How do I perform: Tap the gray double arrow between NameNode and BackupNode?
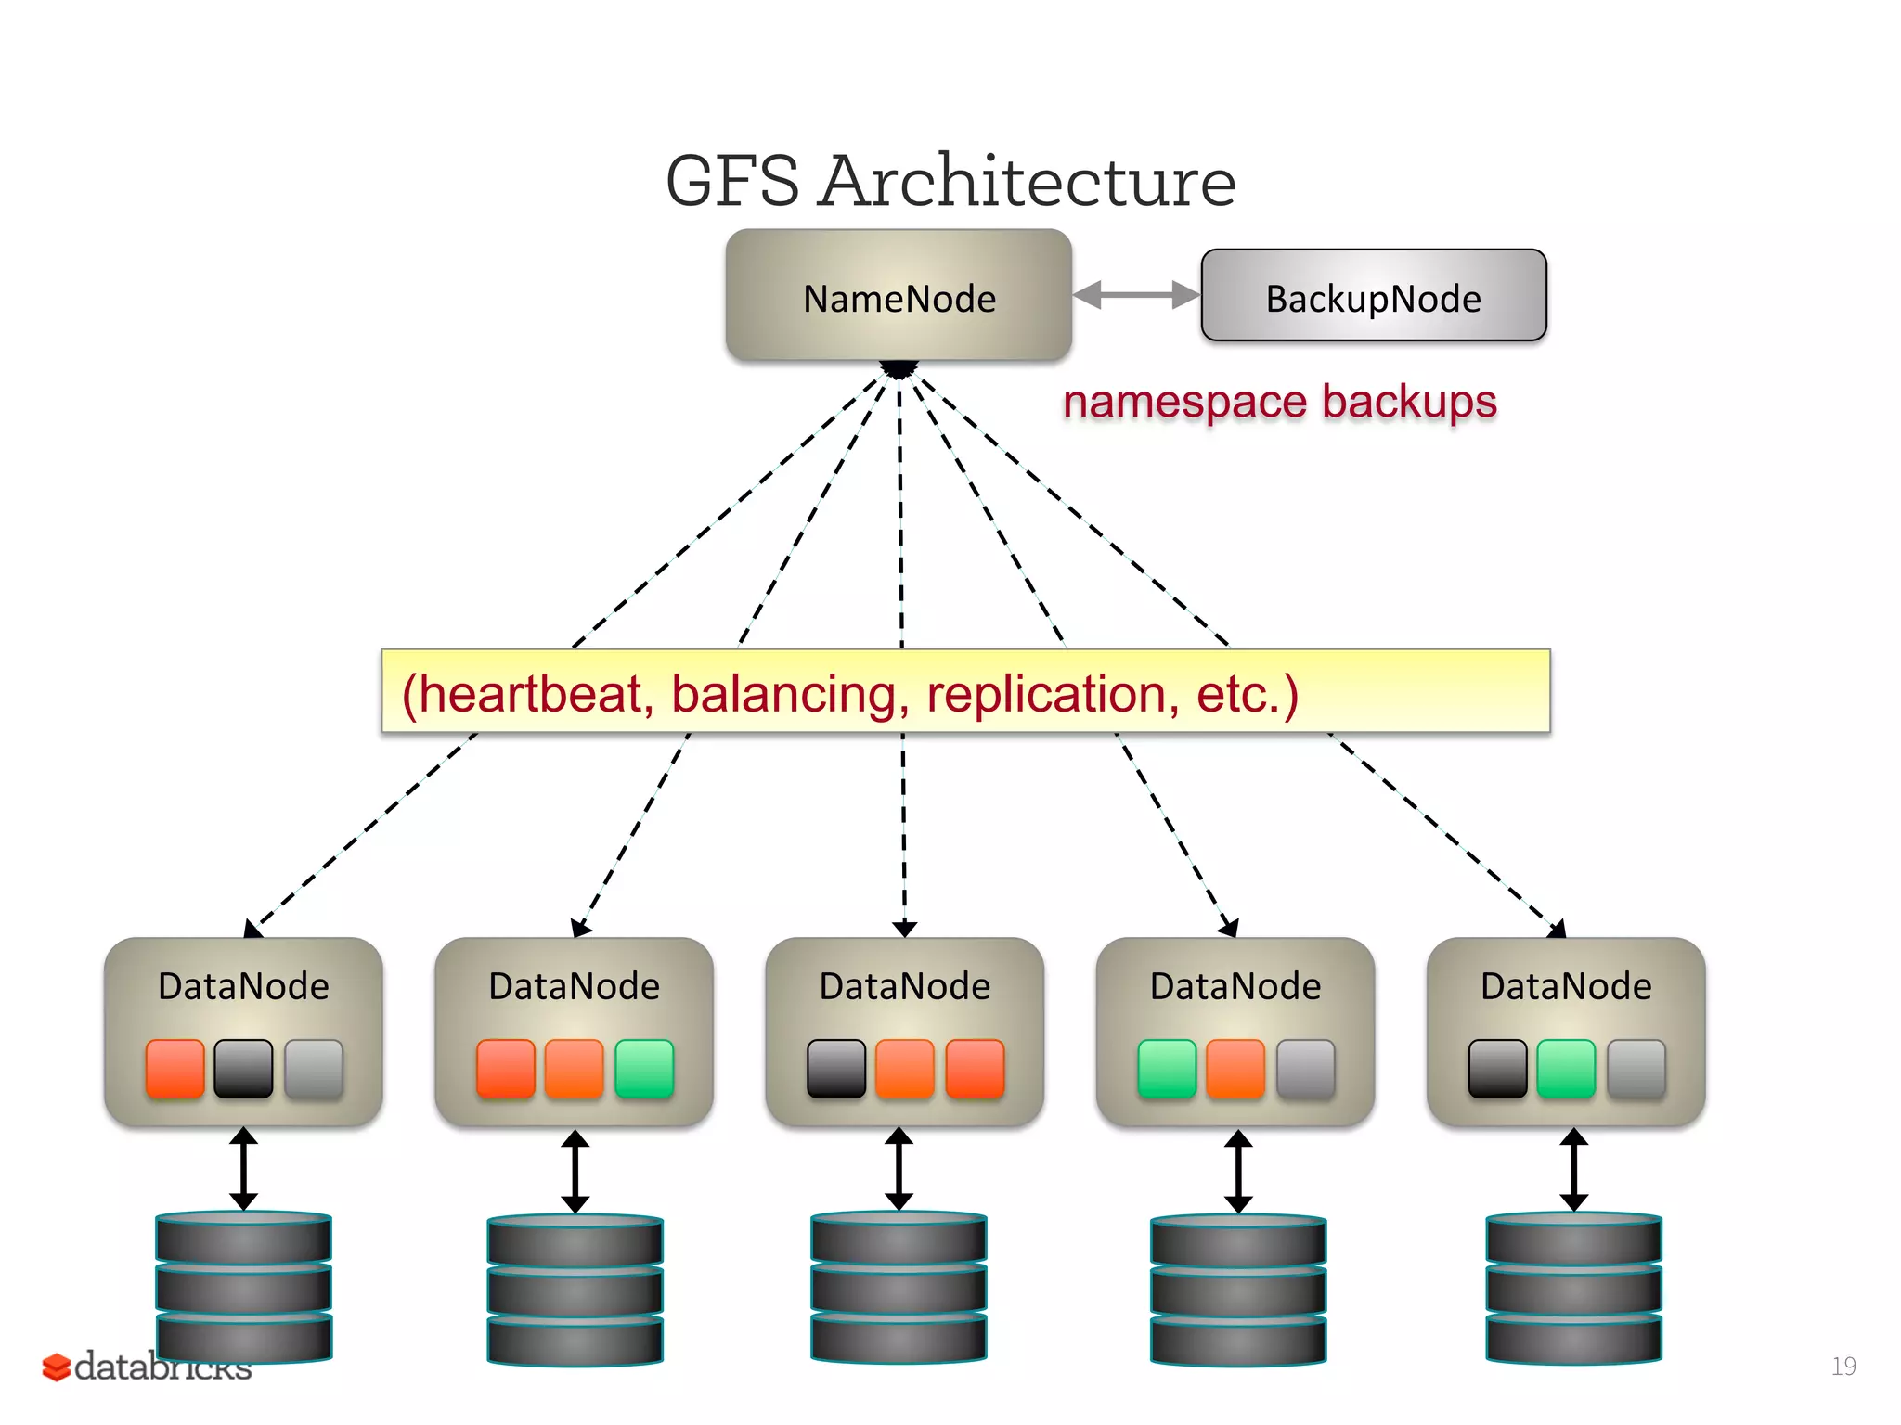1136,295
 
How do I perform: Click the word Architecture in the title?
1028,181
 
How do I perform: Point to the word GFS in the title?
732,181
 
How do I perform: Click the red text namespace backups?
1279,402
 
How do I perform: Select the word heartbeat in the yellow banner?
531,694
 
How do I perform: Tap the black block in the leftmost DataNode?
243,1069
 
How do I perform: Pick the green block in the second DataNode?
644,1069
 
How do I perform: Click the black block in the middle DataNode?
836,1069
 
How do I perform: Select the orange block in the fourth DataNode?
1235,1069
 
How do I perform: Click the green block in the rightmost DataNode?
1566,1069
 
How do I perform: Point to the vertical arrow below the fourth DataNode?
1238,1171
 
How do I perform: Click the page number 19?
1843,1366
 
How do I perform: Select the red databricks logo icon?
56,1367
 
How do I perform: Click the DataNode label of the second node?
574,986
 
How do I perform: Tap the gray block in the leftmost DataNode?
314,1069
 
